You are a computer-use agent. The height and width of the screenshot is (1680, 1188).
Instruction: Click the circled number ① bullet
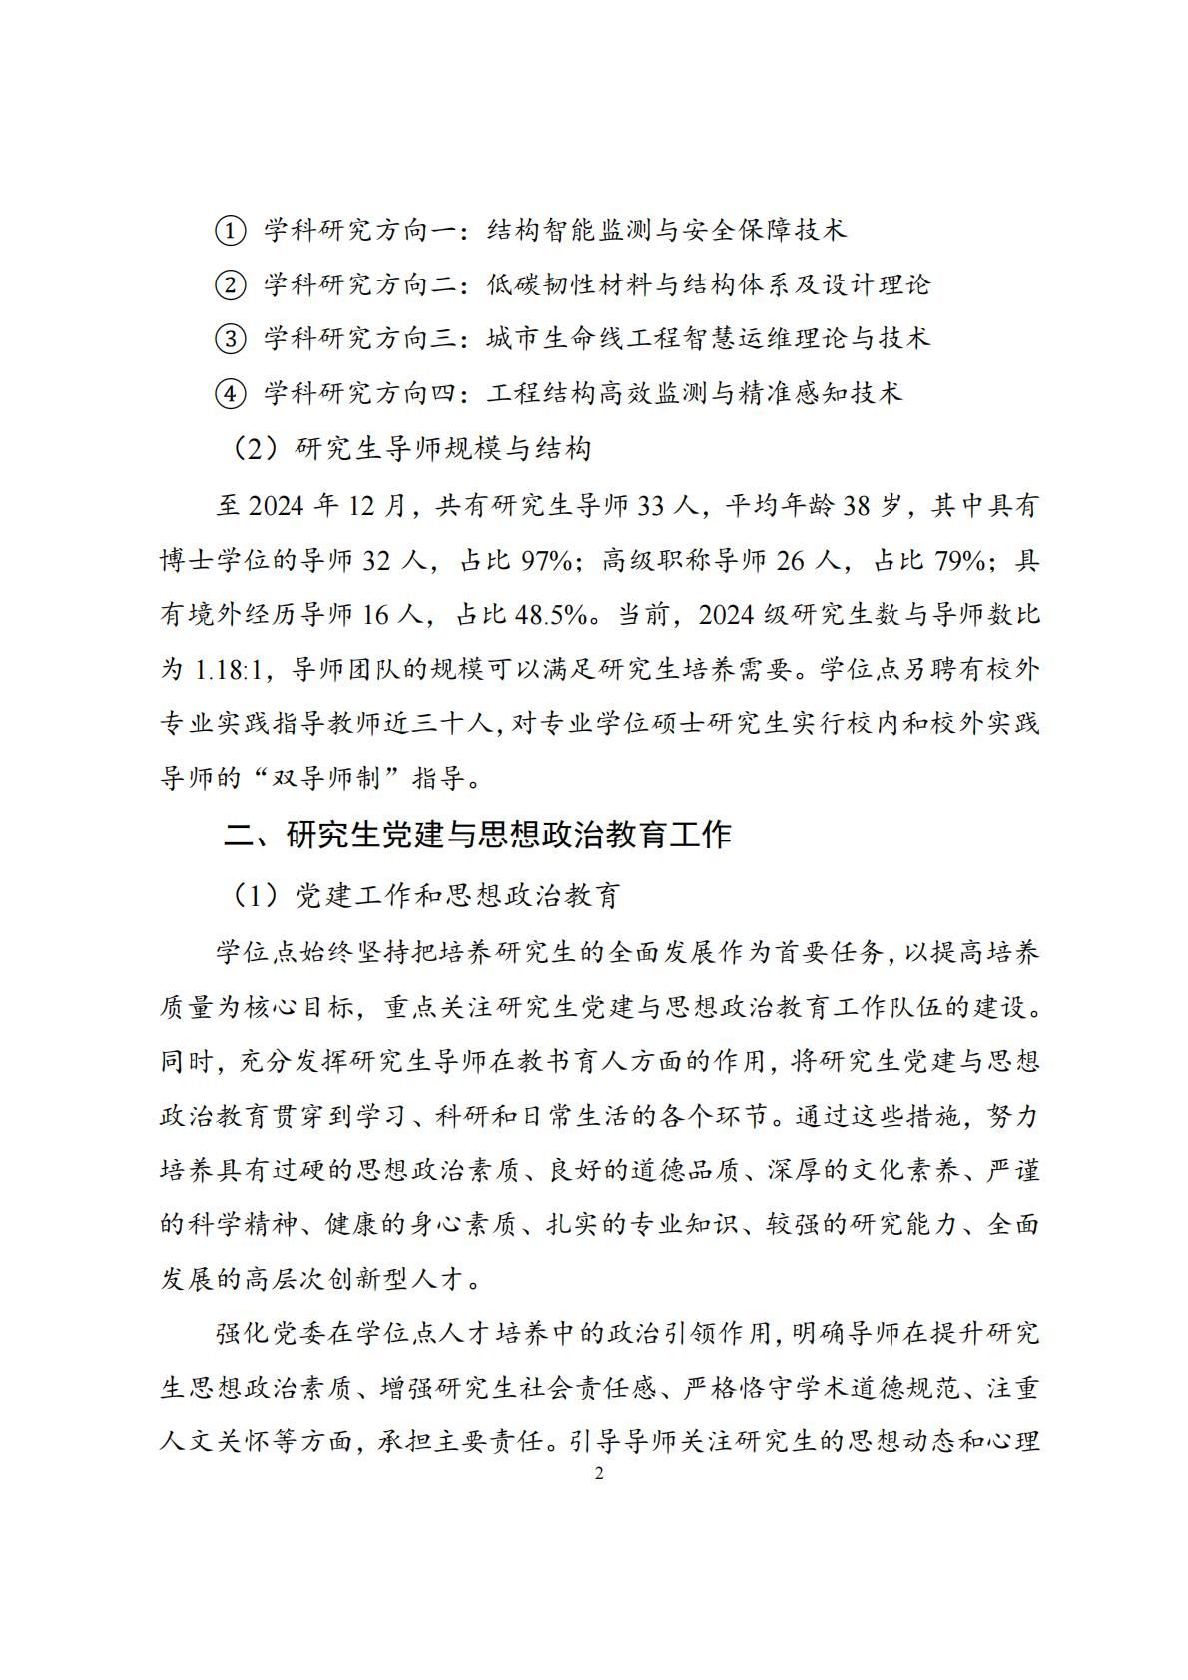pos(230,231)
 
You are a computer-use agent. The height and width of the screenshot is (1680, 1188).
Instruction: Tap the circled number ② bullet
pos(230,285)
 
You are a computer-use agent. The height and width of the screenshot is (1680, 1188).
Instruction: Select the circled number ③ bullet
pos(230,339)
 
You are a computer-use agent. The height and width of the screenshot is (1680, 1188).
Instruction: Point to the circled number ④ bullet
pos(230,394)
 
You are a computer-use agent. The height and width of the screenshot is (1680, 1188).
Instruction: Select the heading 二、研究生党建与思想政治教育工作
pos(477,835)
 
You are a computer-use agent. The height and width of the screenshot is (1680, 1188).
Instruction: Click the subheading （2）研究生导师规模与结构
pos(410,449)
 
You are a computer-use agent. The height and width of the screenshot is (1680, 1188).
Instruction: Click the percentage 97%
pos(546,560)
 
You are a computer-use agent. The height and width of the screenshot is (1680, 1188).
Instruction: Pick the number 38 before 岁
pos(858,506)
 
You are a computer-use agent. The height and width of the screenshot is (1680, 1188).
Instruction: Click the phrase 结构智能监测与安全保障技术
pos(667,231)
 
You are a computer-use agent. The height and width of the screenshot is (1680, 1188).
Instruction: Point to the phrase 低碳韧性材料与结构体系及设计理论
pos(709,285)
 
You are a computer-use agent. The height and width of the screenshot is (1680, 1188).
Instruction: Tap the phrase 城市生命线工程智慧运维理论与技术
pos(709,339)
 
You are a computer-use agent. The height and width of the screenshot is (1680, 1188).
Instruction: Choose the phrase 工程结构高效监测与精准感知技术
pos(695,394)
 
